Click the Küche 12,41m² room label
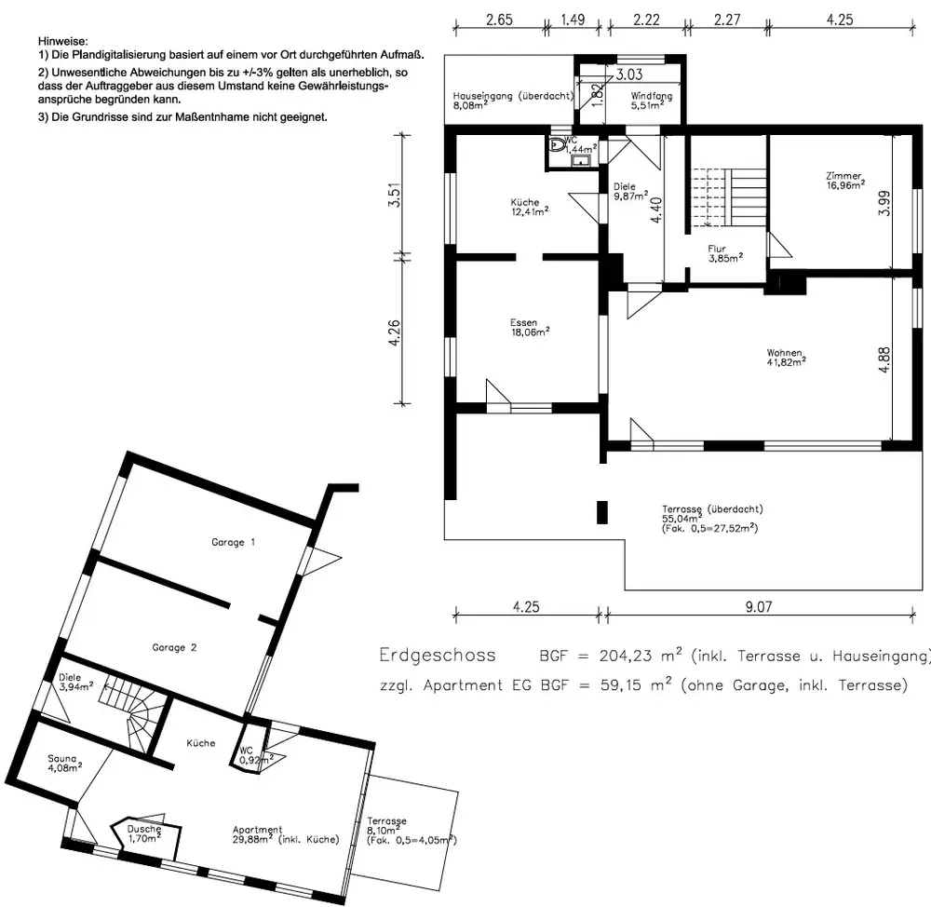point(529,208)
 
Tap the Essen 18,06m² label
point(530,328)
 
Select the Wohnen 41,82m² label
point(786,358)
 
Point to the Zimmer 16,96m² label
point(845,181)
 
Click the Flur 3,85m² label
point(725,253)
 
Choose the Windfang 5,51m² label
point(652,101)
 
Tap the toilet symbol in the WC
point(557,144)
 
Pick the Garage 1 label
point(234,542)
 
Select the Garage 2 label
point(174,647)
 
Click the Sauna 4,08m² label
point(65,764)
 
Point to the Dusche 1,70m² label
point(144,833)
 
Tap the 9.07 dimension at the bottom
point(758,606)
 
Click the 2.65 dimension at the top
point(499,20)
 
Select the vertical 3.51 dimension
point(394,195)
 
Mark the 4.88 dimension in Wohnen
point(884,360)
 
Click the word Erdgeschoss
point(438,656)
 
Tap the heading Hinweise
point(63,42)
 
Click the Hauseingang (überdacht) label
point(513,96)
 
